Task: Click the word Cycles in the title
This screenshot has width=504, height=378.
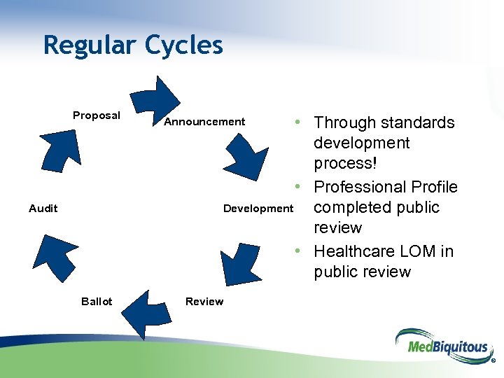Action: (184, 45)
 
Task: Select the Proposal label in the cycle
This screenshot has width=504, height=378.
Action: (97, 115)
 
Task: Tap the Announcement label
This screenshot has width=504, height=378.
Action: (204, 122)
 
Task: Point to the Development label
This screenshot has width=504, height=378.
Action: (258, 209)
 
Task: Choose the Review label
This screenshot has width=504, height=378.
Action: (204, 302)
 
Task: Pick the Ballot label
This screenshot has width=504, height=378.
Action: (97, 302)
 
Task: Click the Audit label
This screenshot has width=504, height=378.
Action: (43, 208)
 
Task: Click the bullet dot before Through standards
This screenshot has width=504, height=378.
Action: (298, 122)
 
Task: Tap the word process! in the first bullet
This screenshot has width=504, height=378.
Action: (343, 163)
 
